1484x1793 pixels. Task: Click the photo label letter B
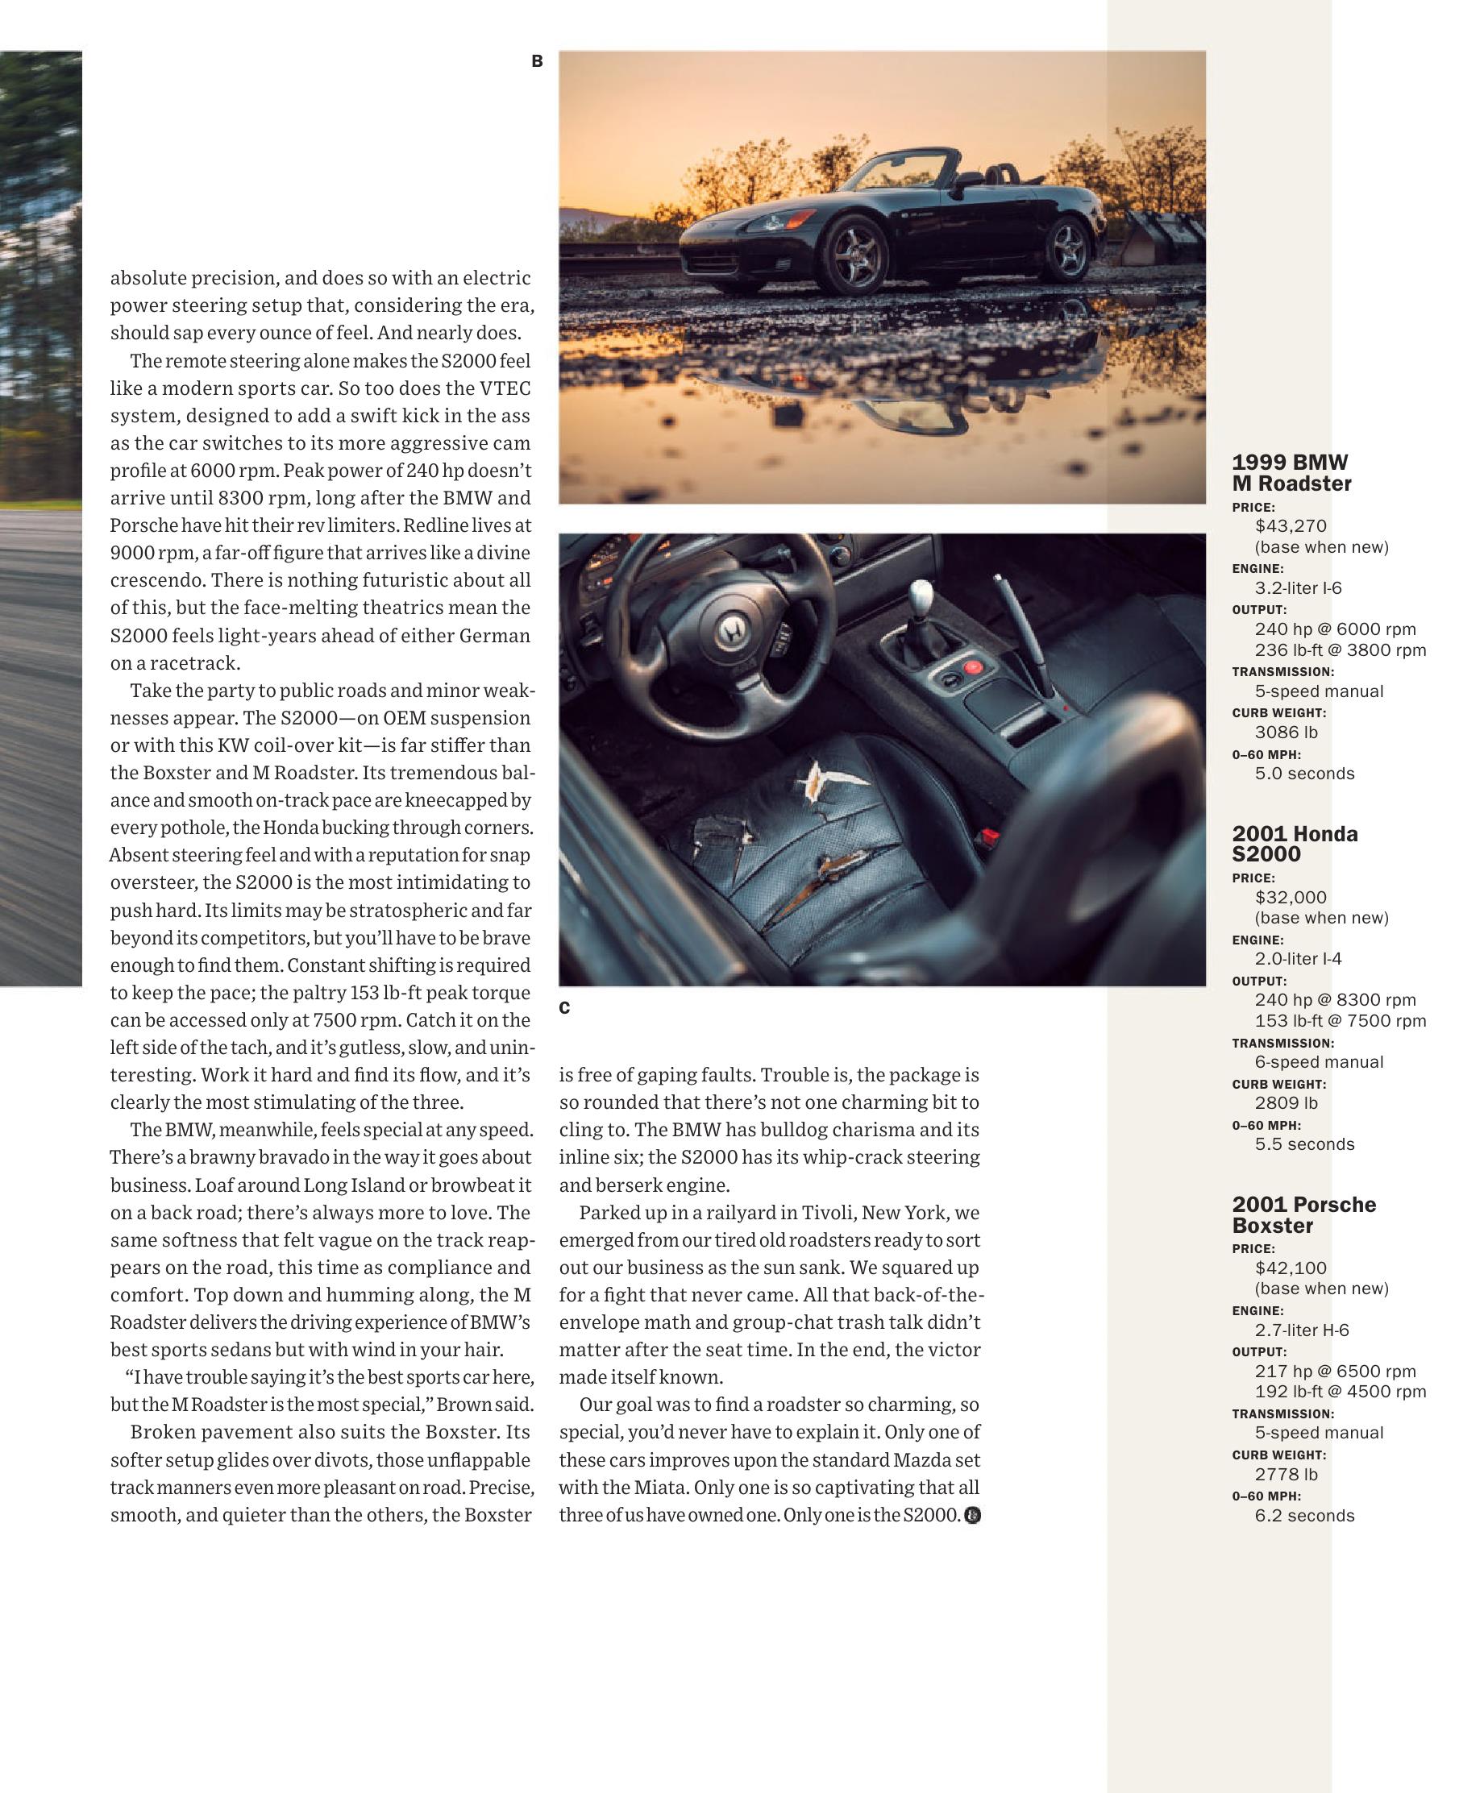point(537,61)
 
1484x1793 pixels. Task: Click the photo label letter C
point(564,1008)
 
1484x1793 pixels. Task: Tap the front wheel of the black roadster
point(855,250)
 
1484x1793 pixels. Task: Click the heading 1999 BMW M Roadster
point(1291,473)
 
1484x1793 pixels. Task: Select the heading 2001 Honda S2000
point(1295,844)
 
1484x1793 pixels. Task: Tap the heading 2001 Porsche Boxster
point(1303,1215)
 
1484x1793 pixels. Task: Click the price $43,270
point(1291,526)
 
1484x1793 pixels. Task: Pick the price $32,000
point(1291,898)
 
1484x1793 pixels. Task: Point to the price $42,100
point(1291,1268)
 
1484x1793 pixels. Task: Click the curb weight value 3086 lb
point(1286,733)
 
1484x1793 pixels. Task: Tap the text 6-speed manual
point(1320,1062)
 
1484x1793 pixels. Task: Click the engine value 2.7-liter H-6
point(1302,1330)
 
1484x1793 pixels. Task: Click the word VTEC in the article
point(505,388)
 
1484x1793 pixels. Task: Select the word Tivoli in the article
point(828,1213)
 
